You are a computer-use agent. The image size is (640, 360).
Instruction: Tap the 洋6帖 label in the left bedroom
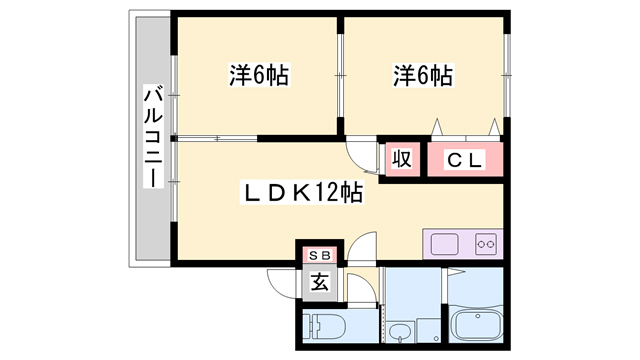(258, 75)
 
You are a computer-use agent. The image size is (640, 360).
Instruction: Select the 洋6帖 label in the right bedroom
(422, 75)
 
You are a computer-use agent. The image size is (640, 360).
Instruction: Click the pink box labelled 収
(402, 159)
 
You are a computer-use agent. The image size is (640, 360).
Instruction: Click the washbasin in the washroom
(401, 333)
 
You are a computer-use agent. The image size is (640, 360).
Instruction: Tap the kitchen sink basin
(444, 244)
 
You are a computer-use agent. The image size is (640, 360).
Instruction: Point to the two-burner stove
(486, 244)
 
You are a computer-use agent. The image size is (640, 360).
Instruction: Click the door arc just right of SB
(366, 246)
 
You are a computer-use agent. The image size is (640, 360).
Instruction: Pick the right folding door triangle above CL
(493, 128)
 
